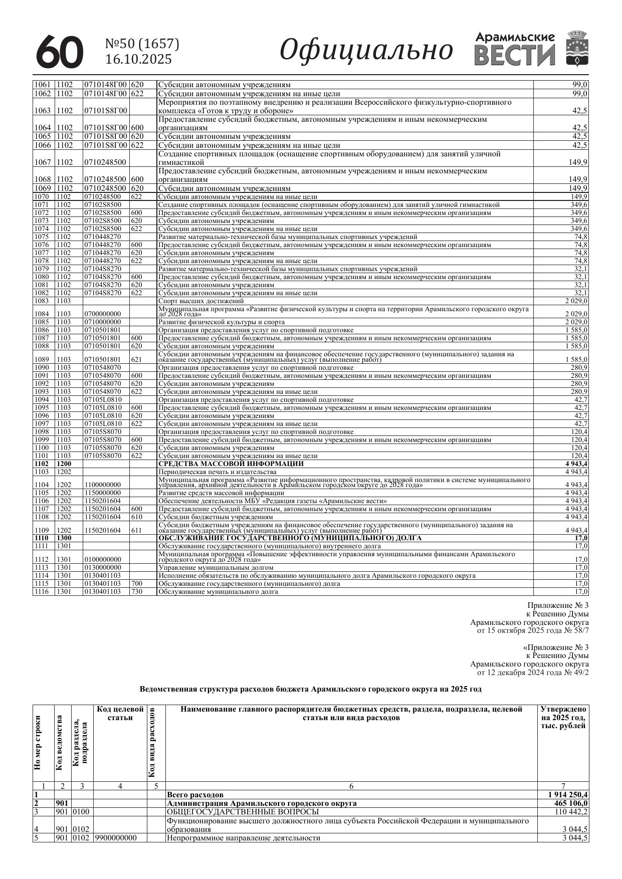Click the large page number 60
[x=60, y=52]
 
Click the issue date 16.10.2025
[x=138, y=60]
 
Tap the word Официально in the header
[x=366, y=51]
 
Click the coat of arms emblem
[x=577, y=49]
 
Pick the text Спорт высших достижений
[x=201, y=301]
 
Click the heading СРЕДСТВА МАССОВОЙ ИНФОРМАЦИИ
[x=231, y=464]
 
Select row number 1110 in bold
[x=42, y=538]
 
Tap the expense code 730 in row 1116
[x=136, y=592]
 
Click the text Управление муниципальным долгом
[x=216, y=568]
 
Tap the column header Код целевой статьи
[x=120, y=714]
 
